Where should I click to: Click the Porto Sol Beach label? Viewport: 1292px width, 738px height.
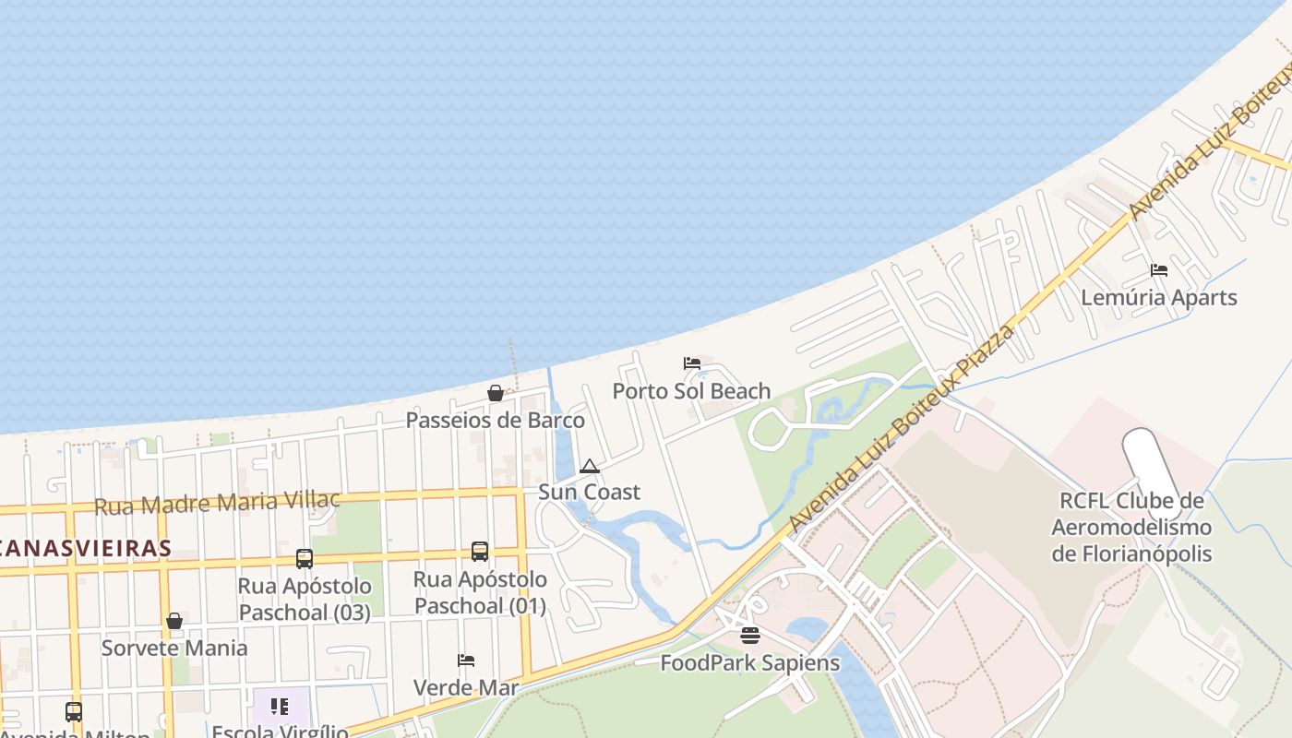coord(691,391)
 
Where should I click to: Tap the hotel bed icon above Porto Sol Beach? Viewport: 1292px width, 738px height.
coord(692,363)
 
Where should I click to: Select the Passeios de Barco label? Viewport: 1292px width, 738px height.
coord(496,421)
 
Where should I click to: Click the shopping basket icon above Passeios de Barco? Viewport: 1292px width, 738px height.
coord(496,394)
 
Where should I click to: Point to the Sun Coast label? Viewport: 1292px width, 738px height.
coord(589,492)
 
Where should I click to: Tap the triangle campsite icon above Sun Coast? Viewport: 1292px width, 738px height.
coord(590,467)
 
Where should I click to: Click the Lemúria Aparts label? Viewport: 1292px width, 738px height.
coord(1158,298)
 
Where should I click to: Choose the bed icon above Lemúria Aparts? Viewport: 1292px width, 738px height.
coord(1159,270)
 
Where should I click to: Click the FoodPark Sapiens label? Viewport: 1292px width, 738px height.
coord(749,662)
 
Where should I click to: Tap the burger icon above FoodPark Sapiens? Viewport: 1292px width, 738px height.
coord(750,636)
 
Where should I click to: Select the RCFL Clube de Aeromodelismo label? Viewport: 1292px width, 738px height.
coord(1131,528)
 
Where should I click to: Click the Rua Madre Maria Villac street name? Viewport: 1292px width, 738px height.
coord(218,504)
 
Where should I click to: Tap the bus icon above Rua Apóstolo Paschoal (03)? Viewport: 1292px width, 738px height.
coord(305,559)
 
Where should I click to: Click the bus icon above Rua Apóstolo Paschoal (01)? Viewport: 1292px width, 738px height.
coord(480,552)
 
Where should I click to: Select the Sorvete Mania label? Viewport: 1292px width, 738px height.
coord(174,648)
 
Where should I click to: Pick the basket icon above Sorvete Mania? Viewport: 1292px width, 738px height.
coord(174,621)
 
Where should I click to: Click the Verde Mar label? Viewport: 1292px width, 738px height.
coord(466,687)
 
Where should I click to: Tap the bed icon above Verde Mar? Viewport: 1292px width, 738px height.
coord(466,661)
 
